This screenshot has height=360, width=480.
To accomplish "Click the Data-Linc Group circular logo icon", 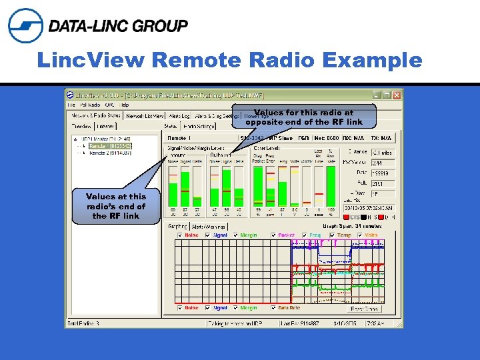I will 25,25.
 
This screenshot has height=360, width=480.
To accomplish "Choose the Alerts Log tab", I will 180,116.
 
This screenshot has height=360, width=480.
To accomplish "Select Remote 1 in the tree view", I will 110,145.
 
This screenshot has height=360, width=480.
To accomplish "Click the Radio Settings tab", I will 199,125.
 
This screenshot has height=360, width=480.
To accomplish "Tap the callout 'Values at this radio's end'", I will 115,206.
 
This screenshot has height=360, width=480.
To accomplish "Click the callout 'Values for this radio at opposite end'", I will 303,117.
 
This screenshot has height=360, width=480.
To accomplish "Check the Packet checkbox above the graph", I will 274,235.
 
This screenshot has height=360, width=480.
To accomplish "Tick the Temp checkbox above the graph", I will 333,235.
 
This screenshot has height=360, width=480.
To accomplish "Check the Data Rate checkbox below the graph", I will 274,308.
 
